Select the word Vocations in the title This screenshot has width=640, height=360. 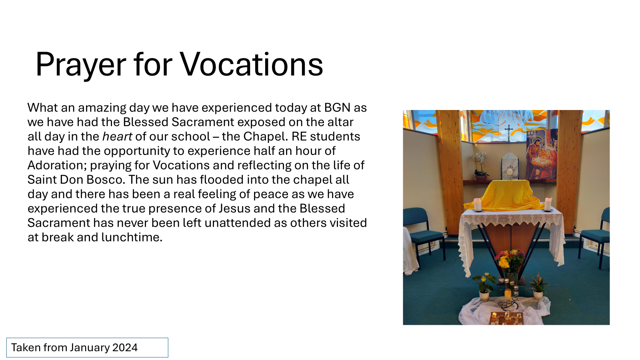[x=252, y=64]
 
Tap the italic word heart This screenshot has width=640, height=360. [x=117, y=136]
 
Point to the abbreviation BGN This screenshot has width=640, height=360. [x=337, y=108]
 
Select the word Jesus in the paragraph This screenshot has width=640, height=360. [x=234, y=208]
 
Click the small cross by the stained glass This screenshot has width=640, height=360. [x=508, y=133]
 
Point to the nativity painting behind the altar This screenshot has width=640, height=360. [x=542, y=154]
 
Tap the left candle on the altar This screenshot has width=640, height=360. [x=478, y=204]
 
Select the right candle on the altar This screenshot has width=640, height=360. [x=548, y=204]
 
